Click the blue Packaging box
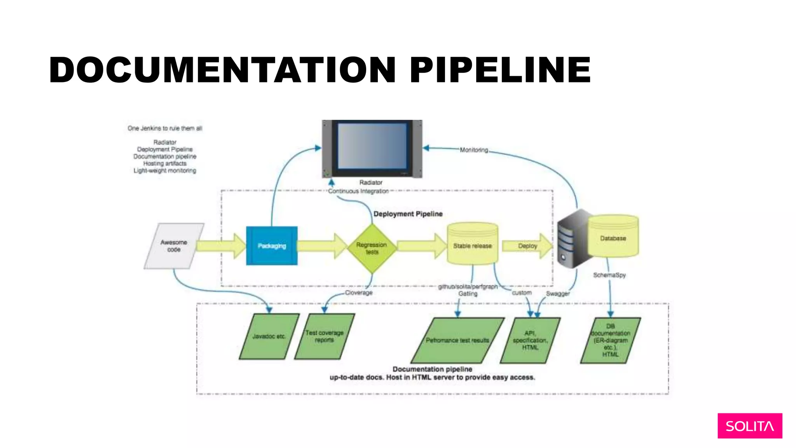[272, 246]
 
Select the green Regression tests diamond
[372, 248]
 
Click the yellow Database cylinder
[613, 238]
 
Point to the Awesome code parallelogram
[174, 246]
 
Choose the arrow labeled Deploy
[527, 246]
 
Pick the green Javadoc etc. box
[269, 336]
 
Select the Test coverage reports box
[325, 336]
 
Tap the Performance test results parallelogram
[457, 340]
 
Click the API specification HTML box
[530, 340]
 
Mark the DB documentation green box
[610, 340]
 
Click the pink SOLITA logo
[749, 426]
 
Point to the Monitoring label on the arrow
[474, 150]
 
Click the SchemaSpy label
[609, 275]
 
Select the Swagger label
[558, 294]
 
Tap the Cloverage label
[359, 292]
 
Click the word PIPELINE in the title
[500, 70]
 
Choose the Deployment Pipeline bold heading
[408, 214]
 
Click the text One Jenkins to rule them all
[165, 128]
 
